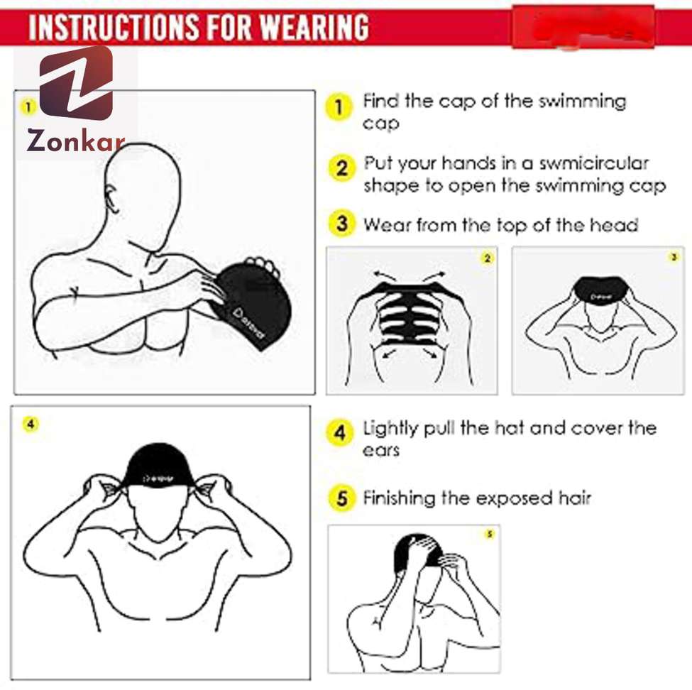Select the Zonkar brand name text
(x=76, y=141)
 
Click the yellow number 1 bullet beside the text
(x=339, y=108)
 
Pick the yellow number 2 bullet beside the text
(x=342, y=168)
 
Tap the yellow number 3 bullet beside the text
(x=342, y=224)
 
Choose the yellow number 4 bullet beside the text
(x=341, y=432)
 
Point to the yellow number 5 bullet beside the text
(x=342, y=498)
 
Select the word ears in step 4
(x=381, y=450)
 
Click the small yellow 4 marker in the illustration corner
(x=30, y=424)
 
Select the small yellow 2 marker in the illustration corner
(x=487, y=259)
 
